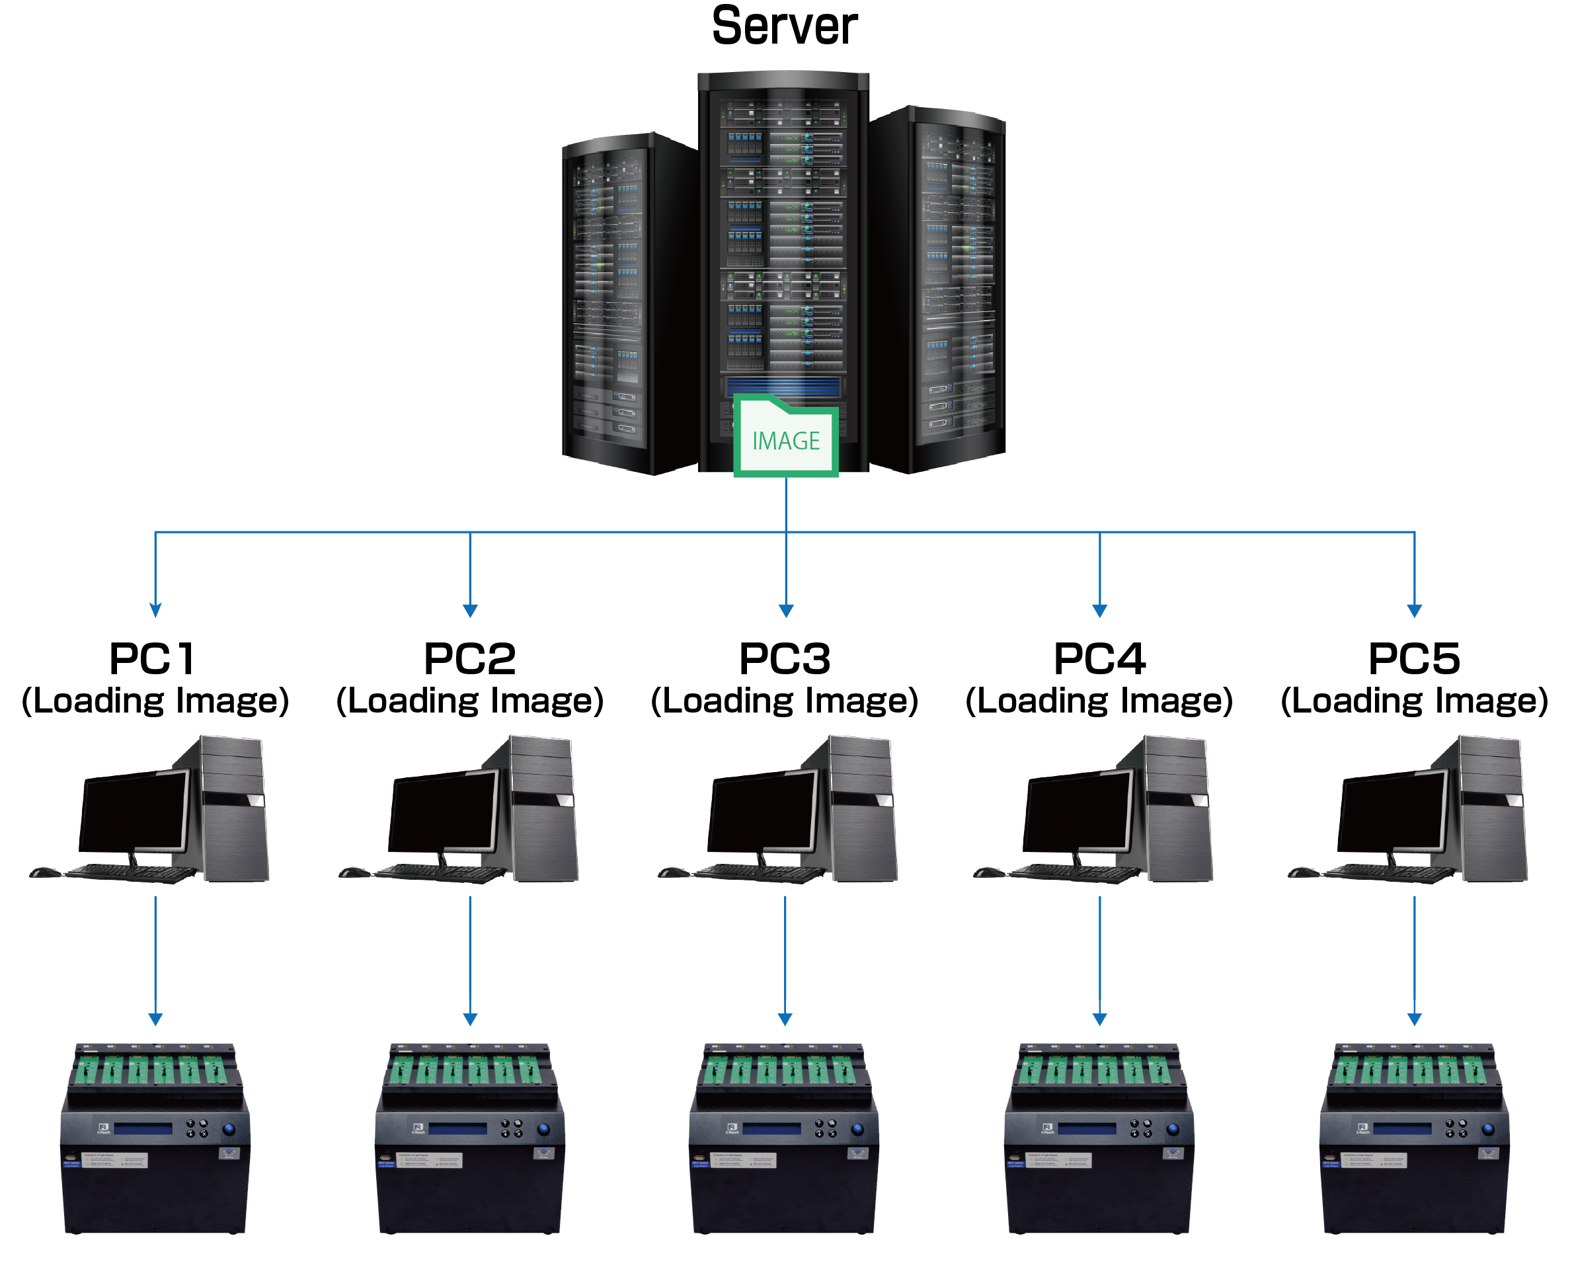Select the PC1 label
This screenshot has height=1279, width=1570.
pos(153,658)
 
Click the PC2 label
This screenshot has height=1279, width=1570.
pos(469,658)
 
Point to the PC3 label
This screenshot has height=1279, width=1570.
pos(785,658)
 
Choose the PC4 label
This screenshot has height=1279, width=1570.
pos(1099,658)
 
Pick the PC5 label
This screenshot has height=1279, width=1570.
pos(1414,658)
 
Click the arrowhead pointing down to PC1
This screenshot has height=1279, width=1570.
pos(155,610)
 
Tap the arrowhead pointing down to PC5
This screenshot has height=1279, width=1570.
pos(1414,610)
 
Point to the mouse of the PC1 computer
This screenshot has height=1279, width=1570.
pos(44,872)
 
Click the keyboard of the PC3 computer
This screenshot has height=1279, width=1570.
pos(759,874)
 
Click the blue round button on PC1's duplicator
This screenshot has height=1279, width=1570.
pos(229,1128)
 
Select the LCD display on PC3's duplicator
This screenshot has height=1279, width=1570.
pos(771,1129)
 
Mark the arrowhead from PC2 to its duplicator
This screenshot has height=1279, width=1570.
pos(469,1019)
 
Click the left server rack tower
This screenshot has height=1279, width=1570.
pos(626,302)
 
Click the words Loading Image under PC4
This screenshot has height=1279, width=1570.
pos(1099,701)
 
